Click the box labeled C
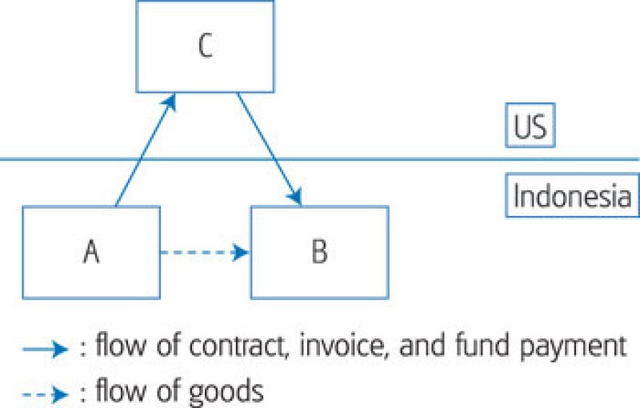point(205,46)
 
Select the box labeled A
point(91,252)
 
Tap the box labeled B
point(319,252)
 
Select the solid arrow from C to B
point(268,148)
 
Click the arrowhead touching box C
point(169,101)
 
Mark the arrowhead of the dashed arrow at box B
point(241,253)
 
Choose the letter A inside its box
point(91,252)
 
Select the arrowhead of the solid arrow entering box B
point(296,197)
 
